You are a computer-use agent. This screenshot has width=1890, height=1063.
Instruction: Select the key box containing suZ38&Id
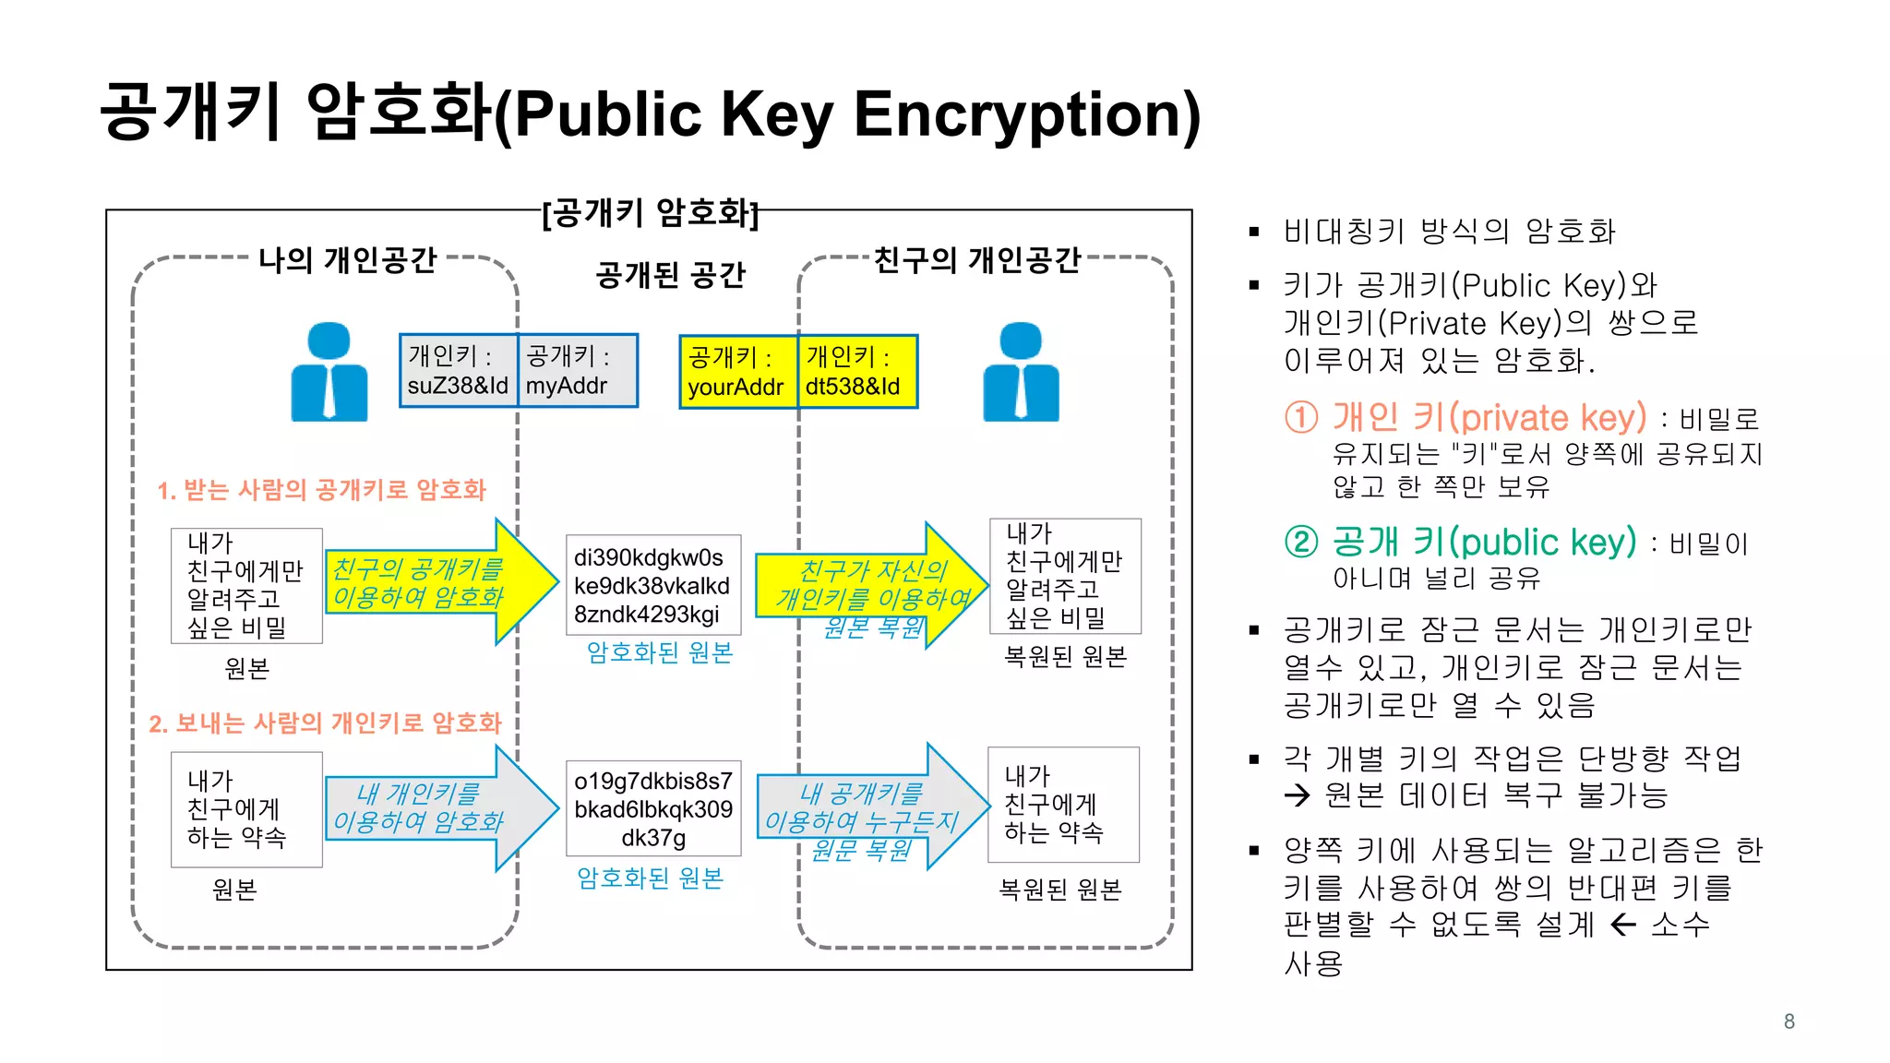[x=459, y=371]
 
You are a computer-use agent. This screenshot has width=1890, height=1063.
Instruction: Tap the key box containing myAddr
[x=578, y=371]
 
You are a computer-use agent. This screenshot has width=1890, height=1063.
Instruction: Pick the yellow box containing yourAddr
[x=737, y=372]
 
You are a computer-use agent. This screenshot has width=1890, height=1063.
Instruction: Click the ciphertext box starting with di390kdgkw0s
[x=652, y=585]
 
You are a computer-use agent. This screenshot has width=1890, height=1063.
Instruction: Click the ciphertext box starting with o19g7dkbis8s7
[x=652, y=808]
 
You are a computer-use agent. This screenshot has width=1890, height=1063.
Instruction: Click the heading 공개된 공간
[x=670, y=275]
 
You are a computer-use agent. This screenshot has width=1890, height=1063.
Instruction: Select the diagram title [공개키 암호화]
[x=651, y=213]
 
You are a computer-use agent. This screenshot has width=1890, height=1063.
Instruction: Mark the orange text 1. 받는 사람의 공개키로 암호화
[x=321, y=490]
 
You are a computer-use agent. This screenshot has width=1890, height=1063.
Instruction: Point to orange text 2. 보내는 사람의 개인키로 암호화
[x=325, y=723]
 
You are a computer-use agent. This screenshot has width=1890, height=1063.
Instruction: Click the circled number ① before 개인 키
[x=1301, y=418]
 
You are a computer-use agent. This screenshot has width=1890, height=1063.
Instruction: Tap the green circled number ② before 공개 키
[x=1301, y=542]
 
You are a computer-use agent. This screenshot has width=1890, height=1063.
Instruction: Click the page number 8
[x=1788, y=1021]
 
